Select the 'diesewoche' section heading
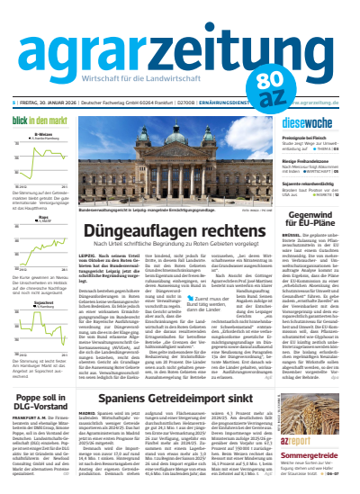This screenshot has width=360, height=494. [306, 121]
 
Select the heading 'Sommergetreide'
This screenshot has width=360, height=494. [317, 459]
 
